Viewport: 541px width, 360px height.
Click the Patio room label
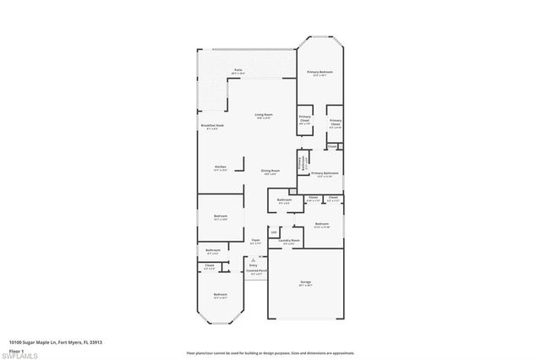(x=238, y=70)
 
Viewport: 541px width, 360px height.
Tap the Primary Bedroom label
(x=320, y=72)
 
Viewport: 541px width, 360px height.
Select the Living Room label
(x=264, y=114)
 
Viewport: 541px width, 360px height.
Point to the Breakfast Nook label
(x=212, y=125)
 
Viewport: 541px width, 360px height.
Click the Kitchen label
(x=219, y=166)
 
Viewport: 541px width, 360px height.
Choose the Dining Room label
(x=270, y=170)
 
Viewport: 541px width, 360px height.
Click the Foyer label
(x=254, y=240)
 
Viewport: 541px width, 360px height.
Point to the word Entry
(x=253, y=265)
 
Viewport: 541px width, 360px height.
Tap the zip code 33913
(x=96, y=341)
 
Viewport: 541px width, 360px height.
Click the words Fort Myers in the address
(x=69, y=341)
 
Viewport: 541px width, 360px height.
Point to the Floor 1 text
(x=16, y=349)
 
